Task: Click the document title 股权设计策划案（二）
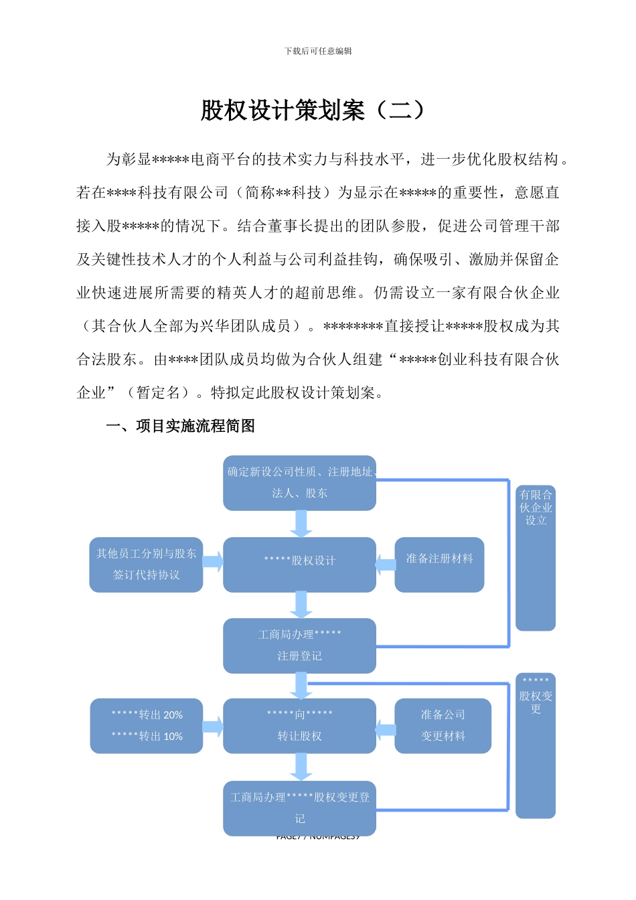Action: (x=313, y=110)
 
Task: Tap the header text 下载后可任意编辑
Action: (x=318, y=51)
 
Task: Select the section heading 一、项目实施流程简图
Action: (x=180, y=426)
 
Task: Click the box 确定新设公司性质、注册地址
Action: (x=299, y=483)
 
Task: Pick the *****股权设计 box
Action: (x=299, y=564)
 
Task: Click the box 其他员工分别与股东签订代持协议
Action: (x=146, y=564)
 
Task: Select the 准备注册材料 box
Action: (x=439, y=564)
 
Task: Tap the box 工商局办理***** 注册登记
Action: (x=299, y=645)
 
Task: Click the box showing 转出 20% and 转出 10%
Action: (x=146, y=725)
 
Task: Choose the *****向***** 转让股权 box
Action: (x=299, y=725)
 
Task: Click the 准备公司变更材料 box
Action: (x=443, y=725)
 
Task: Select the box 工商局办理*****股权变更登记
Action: (x=299, y=808)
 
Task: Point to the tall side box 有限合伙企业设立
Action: (x=536, y=557)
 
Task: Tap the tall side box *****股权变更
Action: (x=536, y=745)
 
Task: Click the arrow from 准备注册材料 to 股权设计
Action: (x=386, y=564)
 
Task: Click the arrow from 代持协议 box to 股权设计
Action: (x=213, y=562)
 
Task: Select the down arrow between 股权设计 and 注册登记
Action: (x=301, y=605)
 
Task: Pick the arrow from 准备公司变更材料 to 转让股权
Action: (x=386, y=729)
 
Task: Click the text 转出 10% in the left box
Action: (x=147, y=736)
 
